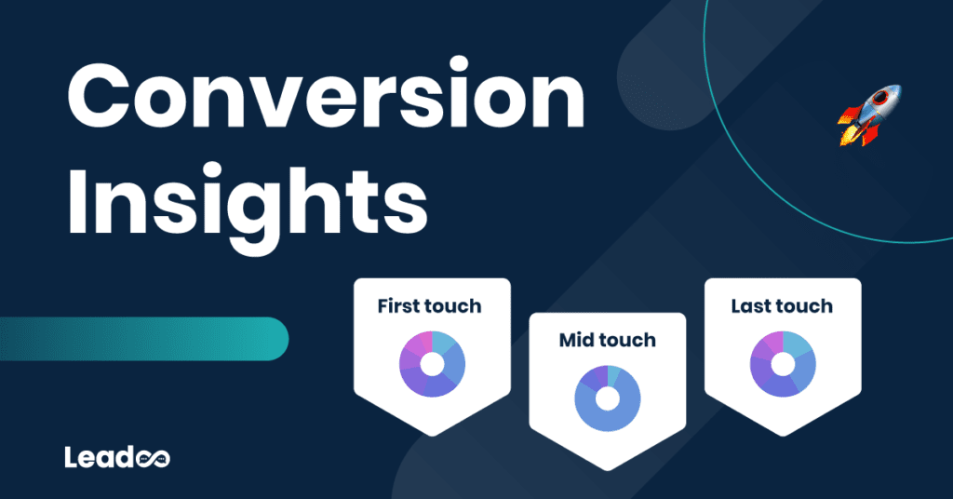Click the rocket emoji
869,115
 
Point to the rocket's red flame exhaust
849,133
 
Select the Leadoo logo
117,457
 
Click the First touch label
430,305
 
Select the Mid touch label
607,340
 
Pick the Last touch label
781,305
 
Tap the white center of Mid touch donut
607,398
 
